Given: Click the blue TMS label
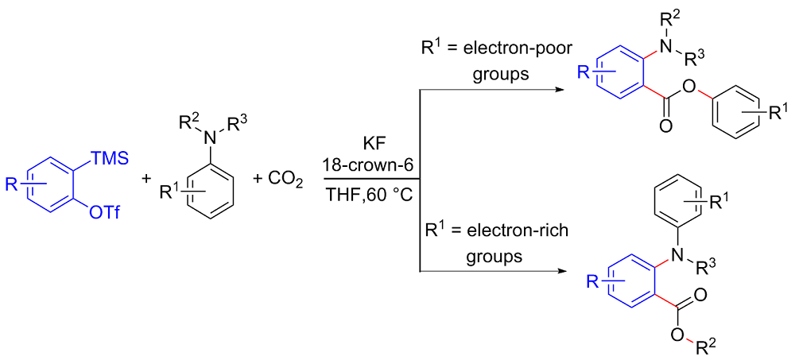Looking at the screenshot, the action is point(108,161).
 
